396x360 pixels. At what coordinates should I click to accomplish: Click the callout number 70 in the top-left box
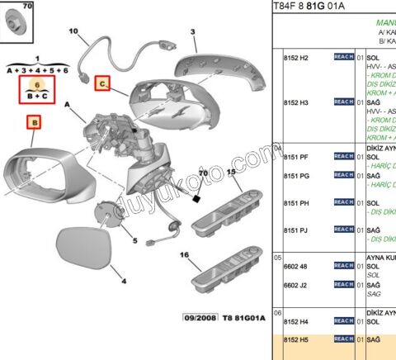point(28,7)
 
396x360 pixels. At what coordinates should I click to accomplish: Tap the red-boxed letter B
point(34,123)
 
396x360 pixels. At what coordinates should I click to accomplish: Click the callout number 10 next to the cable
point(73,32)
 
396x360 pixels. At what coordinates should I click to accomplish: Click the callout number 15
point(232,172)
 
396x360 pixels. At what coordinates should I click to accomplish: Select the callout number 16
point(184,256)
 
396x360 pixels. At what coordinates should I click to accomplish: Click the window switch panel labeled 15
point(228,210)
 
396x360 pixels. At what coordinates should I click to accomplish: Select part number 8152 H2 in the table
point(295,57)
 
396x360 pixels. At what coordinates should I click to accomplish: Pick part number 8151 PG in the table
point(295,176)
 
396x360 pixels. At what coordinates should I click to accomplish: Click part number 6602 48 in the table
point(295,267)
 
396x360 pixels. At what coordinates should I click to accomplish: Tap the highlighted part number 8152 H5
point(295,339)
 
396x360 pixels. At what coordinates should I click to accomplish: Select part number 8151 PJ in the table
point(295,230)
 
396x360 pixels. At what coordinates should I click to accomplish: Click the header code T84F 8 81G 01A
point(309,7)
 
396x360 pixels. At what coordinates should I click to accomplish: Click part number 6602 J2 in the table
point(295,286)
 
